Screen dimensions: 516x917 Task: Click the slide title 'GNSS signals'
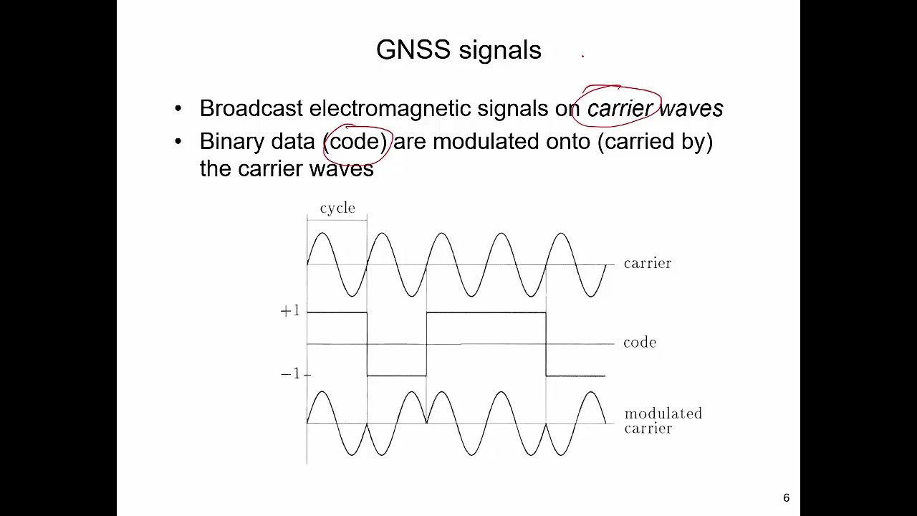(458, 50)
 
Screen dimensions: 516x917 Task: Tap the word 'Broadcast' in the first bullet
(251, 108)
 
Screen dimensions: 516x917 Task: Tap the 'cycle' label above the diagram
(337, 208)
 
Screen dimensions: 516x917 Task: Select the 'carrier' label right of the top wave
(648, 263)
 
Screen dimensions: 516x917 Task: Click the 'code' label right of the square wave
(640, 343)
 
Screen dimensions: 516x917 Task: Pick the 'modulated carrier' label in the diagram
(663, 421)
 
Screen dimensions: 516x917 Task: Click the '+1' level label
(290, 311)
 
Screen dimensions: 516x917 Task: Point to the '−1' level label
(291, 374)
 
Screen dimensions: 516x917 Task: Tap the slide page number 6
(786, 498)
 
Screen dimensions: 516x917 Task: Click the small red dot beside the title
(583, 55)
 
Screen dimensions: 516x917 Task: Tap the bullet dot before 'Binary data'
(178, 142)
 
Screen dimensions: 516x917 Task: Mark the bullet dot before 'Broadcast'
(178, 109)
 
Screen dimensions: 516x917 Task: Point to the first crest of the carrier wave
(322, 234)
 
